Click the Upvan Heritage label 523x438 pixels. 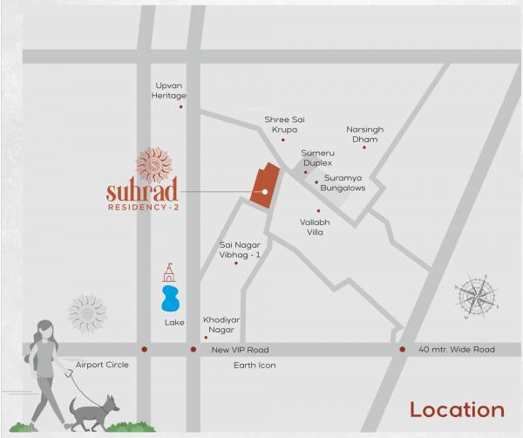[x=170, y=90]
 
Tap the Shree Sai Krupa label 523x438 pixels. [x=284, y=124]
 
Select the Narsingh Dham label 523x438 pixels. [x=364, y=133]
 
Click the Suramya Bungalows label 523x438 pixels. [x=343, y=182]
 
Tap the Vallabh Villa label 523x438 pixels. [x=315, y=227]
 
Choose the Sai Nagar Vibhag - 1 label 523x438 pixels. [x=240, y=250]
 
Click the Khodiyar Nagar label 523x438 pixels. [x=220, y=325]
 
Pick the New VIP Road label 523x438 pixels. [x=240, y=349]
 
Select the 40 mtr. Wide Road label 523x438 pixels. [x=456, y=349]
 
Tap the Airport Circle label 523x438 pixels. [x=102, y=364]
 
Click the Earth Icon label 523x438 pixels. [x=254, y=365]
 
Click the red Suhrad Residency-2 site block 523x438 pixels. [x=265, y=185]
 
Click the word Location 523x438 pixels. [x=457, y=409]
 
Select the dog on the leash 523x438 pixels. [x=94, y=410]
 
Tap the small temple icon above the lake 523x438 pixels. [x=169, y=272]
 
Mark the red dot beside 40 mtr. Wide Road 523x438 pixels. [x=403, y=349]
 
